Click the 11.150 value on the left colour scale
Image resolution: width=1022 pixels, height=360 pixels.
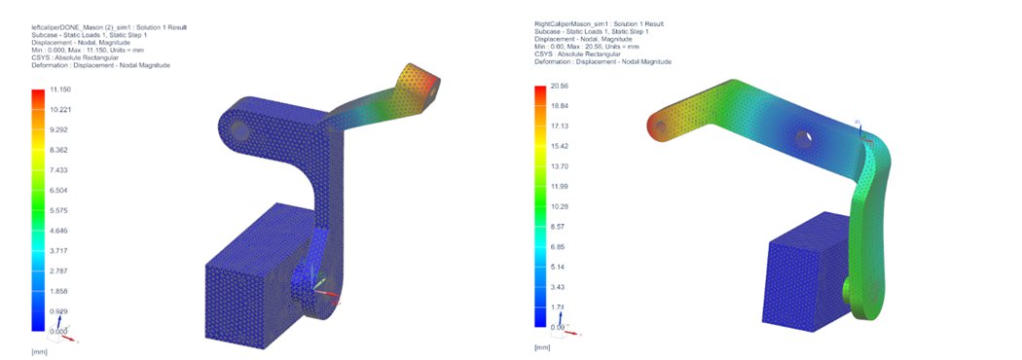point(60,89)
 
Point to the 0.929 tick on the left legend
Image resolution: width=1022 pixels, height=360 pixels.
point(59,311)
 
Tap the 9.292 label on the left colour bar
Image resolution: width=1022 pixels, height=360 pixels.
point(59,129)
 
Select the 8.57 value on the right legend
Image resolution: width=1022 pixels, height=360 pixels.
point(558,227)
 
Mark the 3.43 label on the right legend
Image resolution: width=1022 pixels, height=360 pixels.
point(558,287)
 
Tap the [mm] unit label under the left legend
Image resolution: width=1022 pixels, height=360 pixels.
point(39,349)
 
